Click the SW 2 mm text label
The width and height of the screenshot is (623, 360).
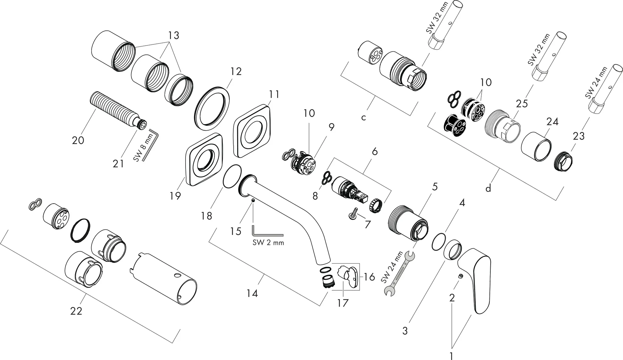point(268,243)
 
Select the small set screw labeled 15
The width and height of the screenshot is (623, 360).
point(253,200)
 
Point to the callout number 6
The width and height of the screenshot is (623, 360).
point(374,151)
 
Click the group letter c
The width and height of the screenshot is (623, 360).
point(364,117)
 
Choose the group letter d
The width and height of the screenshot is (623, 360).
point(488,188)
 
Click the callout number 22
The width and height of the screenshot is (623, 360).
point(76,311)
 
